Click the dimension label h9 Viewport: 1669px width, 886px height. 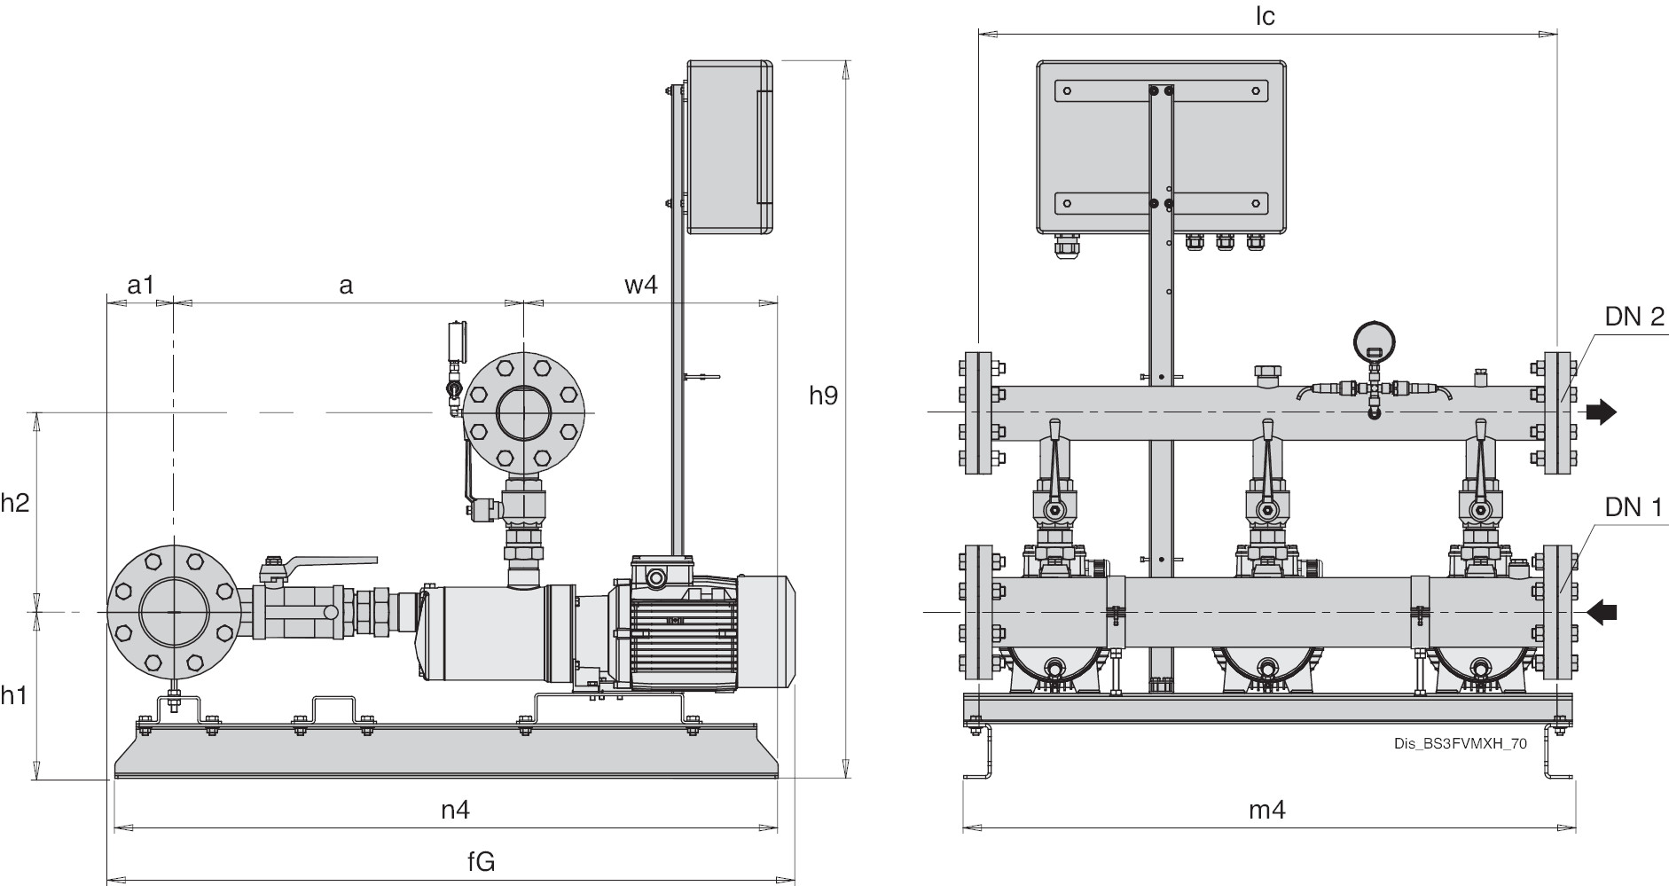coord(823,395)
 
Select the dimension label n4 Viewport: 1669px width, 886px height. coord(455,809)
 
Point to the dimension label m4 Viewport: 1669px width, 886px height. coord(1266,809)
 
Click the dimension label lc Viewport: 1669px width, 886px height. coord(1265,17)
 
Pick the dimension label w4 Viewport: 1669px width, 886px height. coord(640,285)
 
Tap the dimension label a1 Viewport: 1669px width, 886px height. coord(140,285)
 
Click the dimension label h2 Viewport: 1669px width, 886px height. coord(15,503)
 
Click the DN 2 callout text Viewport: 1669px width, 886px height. coord(1634,317)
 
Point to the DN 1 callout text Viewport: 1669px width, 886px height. coord(1634,508)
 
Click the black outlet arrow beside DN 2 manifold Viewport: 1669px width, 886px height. coord(1601,412)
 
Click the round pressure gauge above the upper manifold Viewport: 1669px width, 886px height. coord(1374,340)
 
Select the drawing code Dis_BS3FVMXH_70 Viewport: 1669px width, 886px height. coord(1460,744)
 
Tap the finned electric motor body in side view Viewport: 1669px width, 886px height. coord(683,631)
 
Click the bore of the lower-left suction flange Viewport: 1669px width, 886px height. coord(174,612)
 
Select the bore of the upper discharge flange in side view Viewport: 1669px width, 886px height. coord(523,413)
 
